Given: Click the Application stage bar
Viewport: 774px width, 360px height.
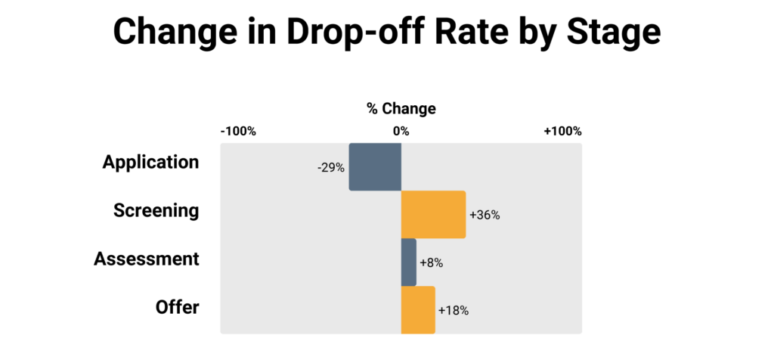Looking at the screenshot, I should [375, 167].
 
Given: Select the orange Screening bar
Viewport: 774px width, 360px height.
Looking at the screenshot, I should [433, 215].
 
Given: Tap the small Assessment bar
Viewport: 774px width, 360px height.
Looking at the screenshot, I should [408, 262].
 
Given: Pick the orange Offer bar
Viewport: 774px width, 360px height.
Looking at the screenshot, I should [418, 310].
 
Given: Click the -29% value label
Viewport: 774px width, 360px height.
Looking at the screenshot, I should [331, 167].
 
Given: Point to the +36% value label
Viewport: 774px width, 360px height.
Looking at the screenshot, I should [485, 215].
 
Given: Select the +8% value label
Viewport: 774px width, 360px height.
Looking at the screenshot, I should [431, 262].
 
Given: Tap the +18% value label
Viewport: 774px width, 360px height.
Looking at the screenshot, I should [454, 310].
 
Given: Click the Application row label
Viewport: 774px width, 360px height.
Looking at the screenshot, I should [151, 163].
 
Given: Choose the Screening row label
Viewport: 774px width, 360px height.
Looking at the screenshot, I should [156, 210].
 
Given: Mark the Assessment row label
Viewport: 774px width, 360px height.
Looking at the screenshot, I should [147, 259].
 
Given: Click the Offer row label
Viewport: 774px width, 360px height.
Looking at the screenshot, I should [178, 307].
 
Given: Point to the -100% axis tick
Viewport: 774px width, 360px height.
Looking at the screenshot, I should [238, 132].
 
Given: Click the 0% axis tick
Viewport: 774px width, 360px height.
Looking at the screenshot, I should [401, 132].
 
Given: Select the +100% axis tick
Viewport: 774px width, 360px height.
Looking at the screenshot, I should [563, 132].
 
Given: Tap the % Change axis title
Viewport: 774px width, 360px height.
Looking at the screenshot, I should [401, 108].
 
